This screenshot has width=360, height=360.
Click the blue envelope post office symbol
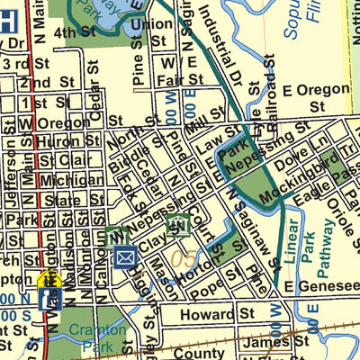(125, 258)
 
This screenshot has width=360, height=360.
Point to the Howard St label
(206, 315)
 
